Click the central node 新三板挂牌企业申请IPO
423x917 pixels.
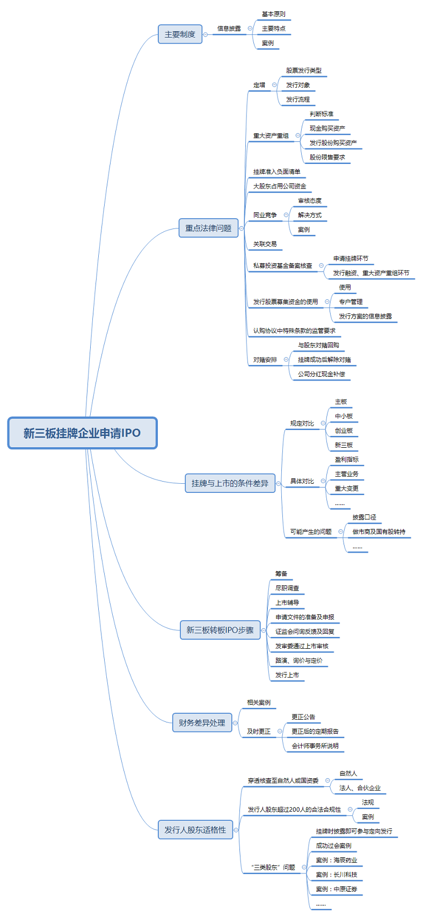pos(82,433)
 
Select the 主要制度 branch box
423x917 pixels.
pos(180,34)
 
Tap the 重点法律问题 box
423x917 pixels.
pos(208,228)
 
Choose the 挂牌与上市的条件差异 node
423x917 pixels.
pos(230,483)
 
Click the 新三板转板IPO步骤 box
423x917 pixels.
pos(220,630)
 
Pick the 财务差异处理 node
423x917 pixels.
pos(202,723)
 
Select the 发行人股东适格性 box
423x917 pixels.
pos(195,830)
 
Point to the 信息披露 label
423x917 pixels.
pos(229,28)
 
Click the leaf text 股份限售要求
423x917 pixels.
pos(327,157)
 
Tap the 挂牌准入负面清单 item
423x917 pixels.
pos(277,172)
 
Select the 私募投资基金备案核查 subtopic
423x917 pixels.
pos(283,266)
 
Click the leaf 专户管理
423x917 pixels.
pos(351,302)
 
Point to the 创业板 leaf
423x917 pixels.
pos(344,431)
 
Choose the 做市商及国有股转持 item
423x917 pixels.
pos(379,532)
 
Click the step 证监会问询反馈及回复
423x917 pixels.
pos(305,632)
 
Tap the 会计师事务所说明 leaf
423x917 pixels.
pos(315,746)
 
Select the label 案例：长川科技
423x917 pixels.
pos(337,875)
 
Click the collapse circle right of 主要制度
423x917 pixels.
pos(206,34)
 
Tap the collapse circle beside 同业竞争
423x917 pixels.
pos(286,215)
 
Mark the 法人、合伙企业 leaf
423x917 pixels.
pos(360,788)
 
